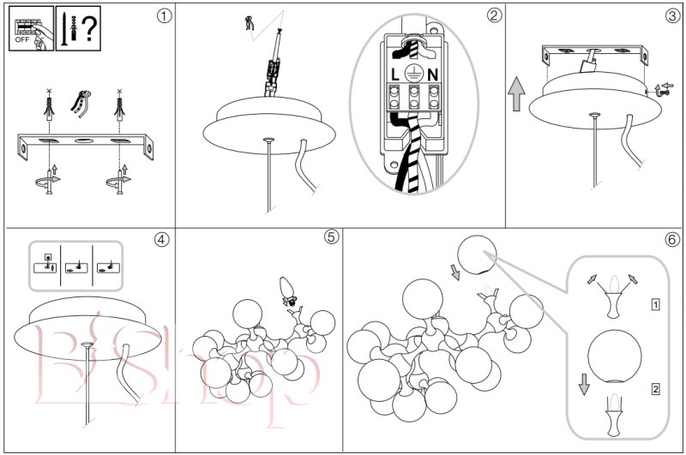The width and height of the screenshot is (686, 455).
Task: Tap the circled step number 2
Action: (x=493, y=15)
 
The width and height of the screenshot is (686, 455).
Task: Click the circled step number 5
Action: (x=331, y=237)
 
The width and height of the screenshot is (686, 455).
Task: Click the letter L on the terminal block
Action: (x=394, y=75)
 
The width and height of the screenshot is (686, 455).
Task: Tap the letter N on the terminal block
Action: (x=433, y=75)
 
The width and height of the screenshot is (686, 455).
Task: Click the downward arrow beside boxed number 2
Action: (x=584, y=383)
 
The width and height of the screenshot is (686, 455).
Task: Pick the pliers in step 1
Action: (x=81, y=102)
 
